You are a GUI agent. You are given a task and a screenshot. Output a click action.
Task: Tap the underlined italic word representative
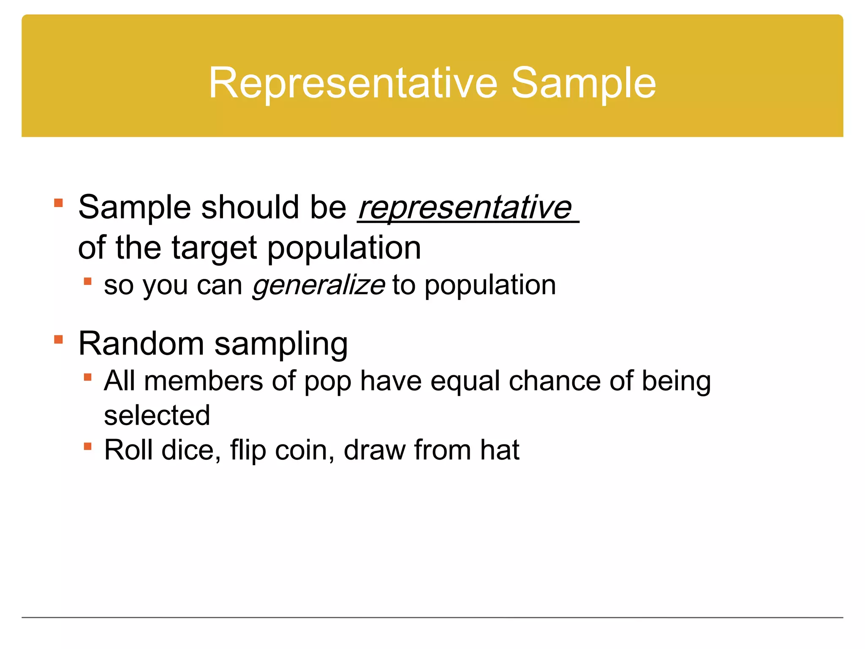[x=465, y=207]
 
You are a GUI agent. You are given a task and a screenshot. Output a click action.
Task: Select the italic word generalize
[x=318, y=285]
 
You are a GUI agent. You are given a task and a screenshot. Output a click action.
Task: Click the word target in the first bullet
[x=214, y=248]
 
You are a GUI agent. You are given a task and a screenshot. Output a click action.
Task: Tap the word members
[x=204, y=381]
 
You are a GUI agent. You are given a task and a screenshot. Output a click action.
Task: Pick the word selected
[x=157, y=415]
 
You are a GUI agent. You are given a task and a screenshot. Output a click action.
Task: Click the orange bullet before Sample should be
[x=59, y=203]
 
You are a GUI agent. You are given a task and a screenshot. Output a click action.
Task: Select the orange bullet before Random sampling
[x=59, y=340]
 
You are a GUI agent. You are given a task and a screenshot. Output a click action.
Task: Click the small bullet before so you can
[x=88, y=281]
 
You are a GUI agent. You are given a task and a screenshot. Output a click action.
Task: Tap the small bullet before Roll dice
[x=88, y=446]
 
